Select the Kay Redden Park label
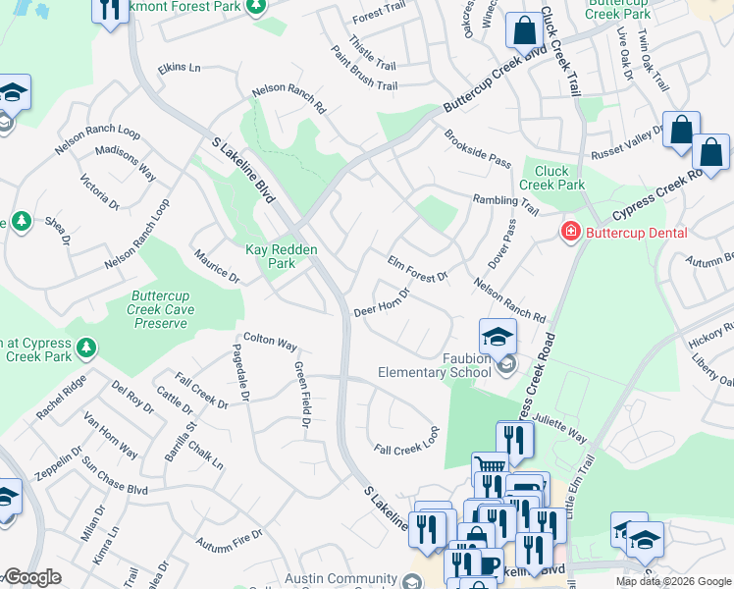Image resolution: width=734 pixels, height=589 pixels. [x=281, y=257]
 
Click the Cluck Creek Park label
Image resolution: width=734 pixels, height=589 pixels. [x=551, y=178]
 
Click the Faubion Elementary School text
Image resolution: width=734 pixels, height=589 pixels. [x=435, y=365]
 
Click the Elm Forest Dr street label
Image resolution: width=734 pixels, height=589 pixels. [x=418, y=269]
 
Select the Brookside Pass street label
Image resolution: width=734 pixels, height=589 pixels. [x=477, y=148]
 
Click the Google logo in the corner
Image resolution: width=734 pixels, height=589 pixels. [x=33, y=578]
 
